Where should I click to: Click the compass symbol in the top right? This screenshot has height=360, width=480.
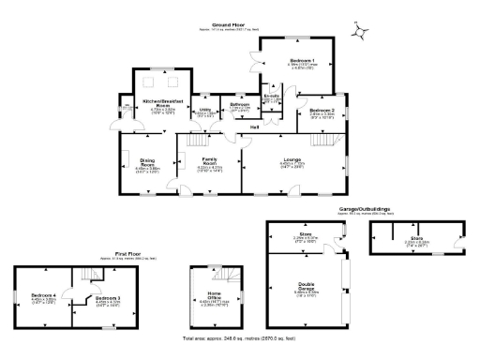[358, 32]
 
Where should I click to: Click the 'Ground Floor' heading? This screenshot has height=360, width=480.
[230, 25]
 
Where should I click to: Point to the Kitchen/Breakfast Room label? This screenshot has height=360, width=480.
[161, 100]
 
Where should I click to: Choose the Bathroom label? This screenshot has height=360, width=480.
[239, 104]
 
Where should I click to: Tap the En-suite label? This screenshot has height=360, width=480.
[273, 97]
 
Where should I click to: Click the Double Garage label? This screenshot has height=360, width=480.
[307, 288]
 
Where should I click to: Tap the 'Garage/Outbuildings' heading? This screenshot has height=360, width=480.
[365, 210]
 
